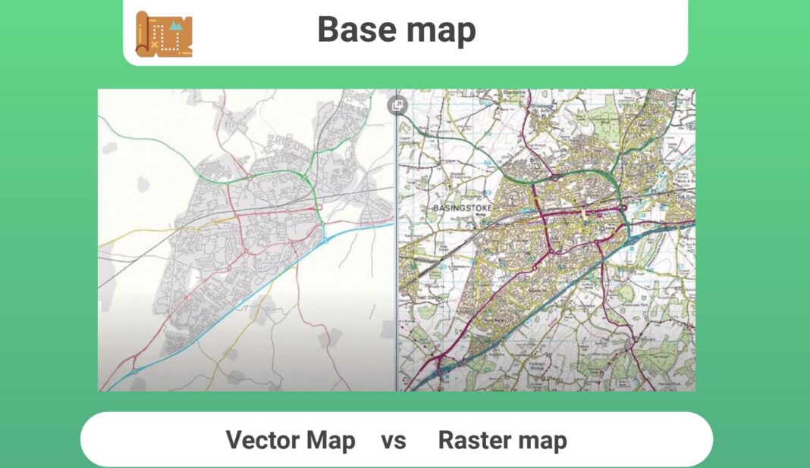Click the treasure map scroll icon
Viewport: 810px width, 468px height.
pos(164,34)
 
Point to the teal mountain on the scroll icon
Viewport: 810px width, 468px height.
pos(177,26)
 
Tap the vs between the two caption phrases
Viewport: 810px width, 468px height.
pos(394,441)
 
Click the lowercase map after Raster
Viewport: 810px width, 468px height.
pos(539,441)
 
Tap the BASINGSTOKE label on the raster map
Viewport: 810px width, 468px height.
pos(462,207)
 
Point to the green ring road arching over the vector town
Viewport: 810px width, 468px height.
pos(265,175)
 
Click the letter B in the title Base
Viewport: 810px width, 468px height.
pos(328,30)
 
